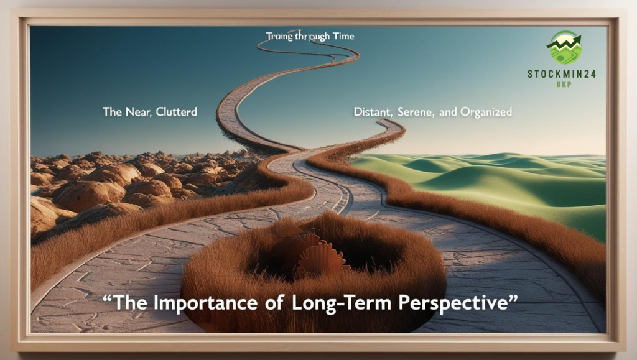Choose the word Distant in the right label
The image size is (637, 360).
pyautogui.click(x=373, y=112)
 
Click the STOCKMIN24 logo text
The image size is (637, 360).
pyautogui.click(x=561, y=74)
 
